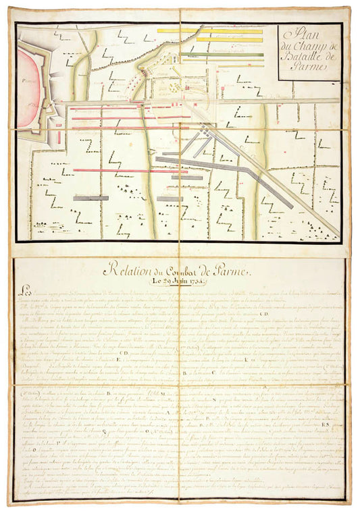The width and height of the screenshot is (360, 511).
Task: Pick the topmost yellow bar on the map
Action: (x=209, y=30)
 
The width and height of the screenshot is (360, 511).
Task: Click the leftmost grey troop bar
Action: (x=91, y=198)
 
